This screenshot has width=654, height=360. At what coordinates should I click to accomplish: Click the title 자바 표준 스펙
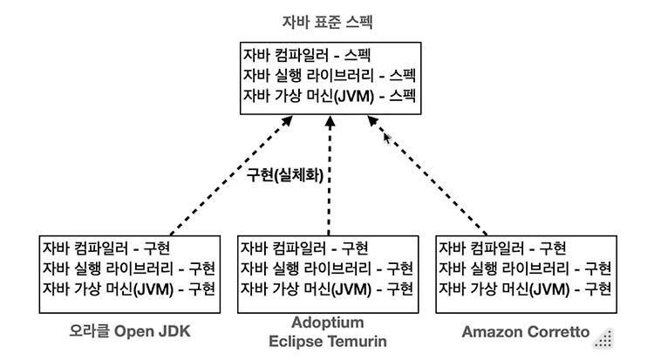coord(327,21)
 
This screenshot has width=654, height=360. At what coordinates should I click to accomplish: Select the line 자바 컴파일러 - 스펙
coord(307,56)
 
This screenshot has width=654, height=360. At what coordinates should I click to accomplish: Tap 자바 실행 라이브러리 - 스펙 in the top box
coord(329,76)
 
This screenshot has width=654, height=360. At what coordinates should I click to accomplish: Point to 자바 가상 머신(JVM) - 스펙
coord(329,96)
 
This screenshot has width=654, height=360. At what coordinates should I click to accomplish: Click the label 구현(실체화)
coord(285,175)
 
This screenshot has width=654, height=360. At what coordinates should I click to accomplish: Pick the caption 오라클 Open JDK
coord(130,331)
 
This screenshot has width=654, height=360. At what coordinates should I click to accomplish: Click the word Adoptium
coord(328,322)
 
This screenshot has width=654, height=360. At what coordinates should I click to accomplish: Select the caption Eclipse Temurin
coord(328,341)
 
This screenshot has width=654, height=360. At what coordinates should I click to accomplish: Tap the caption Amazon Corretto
coord(526,331)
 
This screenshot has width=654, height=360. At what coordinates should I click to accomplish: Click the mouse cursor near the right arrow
coord(387,139)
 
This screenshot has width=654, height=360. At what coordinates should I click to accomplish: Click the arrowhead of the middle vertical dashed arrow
coord(330,121)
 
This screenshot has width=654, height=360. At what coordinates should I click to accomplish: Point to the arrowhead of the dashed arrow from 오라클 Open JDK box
coord(288,120)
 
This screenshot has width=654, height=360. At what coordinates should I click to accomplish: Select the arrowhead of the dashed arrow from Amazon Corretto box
coord(372,120)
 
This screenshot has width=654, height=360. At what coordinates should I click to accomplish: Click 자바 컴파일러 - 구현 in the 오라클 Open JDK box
coord(106,248)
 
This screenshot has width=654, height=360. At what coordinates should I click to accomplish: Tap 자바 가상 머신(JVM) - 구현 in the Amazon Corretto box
coord(525,289)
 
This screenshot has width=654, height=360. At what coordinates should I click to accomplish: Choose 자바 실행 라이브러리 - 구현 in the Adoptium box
coord(327,268)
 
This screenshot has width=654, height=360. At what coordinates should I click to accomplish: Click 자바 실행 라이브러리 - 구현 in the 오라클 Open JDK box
coord(128,268)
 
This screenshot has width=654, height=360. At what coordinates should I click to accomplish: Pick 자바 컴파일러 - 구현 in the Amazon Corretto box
coord(502,248)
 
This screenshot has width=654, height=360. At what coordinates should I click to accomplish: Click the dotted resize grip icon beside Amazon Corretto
coord(604,339)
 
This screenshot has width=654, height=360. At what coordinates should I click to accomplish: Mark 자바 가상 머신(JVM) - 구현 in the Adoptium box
coord(327,289)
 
